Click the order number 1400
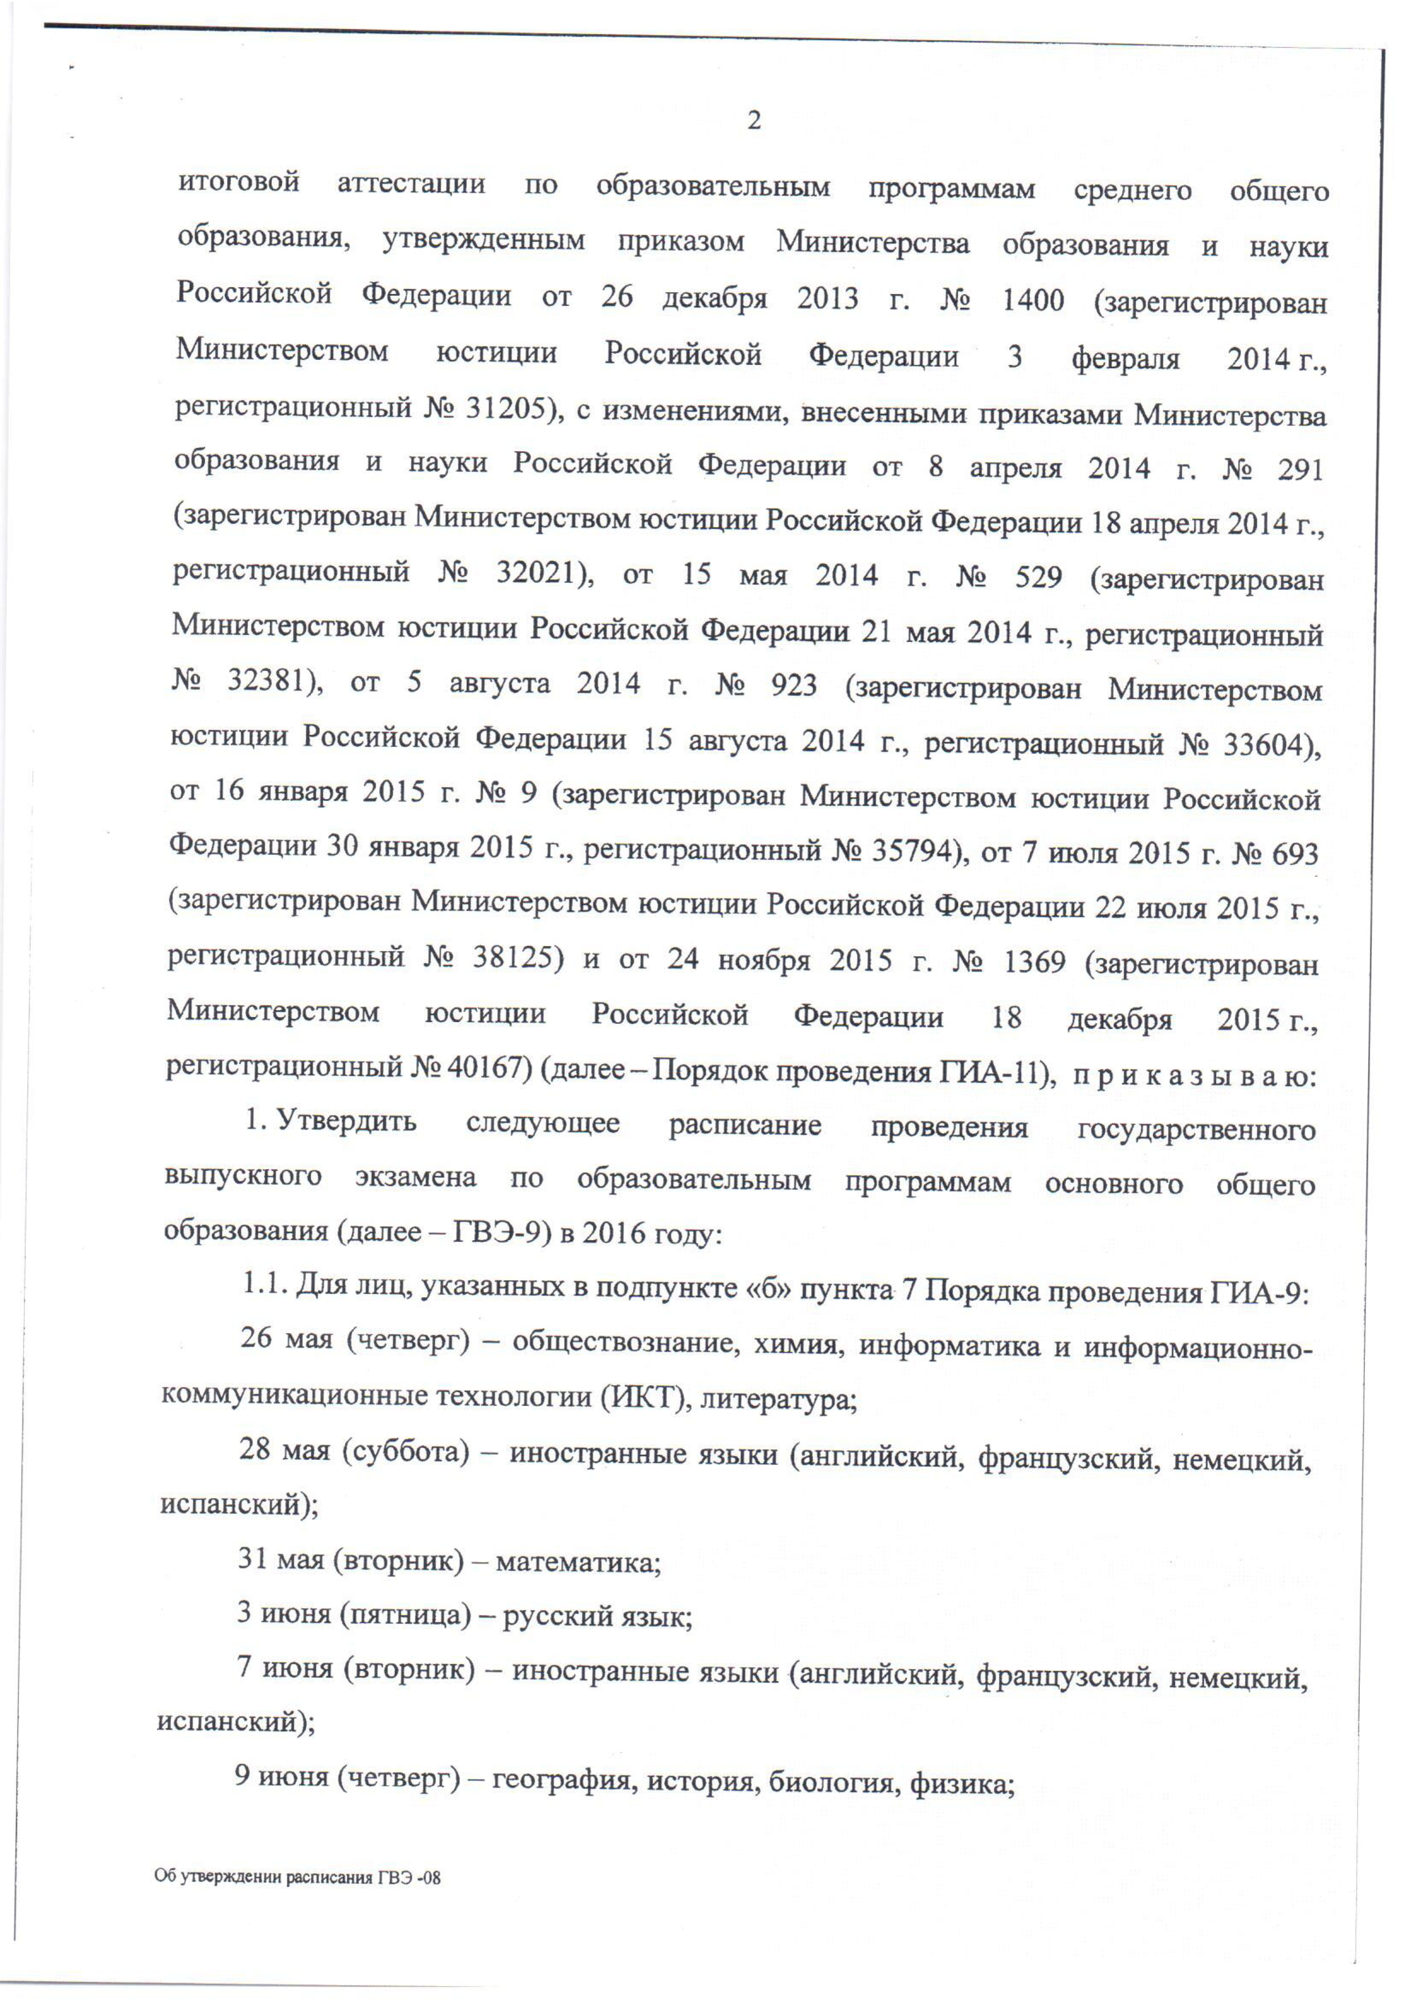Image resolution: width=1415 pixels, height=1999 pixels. (1032, 301)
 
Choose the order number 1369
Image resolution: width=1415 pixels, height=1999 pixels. (1034, 962)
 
